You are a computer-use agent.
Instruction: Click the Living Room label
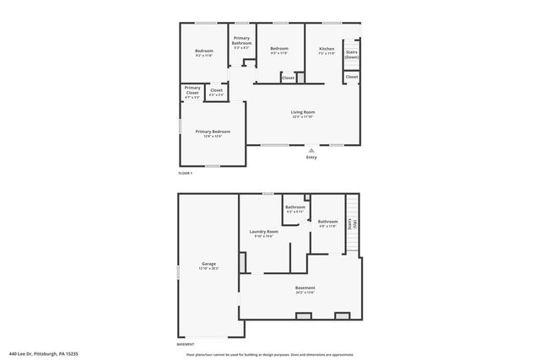[x=302, y=114]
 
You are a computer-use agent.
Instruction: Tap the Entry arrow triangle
[x=311, y=150]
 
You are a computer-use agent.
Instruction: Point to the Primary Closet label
[x=192, y=91]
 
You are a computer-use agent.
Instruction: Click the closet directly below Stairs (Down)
[x=351, y=77]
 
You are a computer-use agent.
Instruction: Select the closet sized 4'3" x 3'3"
[x=216, y=92]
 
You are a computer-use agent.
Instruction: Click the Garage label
[x=208, y=266]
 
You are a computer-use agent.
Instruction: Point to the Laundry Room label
[x=263, y=234]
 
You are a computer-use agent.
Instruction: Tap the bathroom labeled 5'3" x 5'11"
[x=294, y=208]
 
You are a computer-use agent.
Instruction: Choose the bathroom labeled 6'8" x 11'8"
[x=327, y=223]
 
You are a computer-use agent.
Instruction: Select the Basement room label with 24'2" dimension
[x=305, y=289]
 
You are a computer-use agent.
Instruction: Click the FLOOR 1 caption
[x=186, y=173]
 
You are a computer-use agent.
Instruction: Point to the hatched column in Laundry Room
[x=243, y=263]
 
